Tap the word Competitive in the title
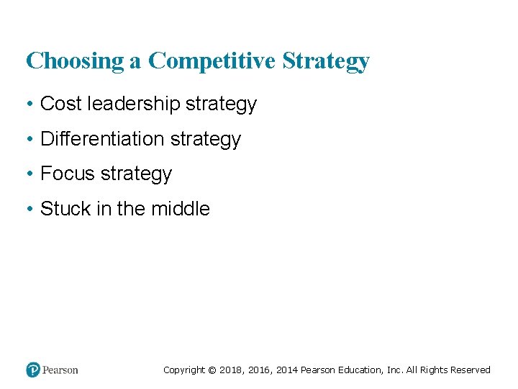tap(212, 61)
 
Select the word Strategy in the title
tap(326, 61)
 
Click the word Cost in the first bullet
tap(61, 104)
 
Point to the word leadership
tap(133, 104)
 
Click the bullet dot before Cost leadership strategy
tap(29, 104)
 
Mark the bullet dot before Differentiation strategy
tap(29, 139)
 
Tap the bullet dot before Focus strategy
tap(29, 174)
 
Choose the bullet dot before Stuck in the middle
tap(29, 210)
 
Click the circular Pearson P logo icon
tap(33, 370)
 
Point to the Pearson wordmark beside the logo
tap(60, 370)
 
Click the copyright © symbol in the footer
tap(212, 370)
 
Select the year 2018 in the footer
tap(230, 370)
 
